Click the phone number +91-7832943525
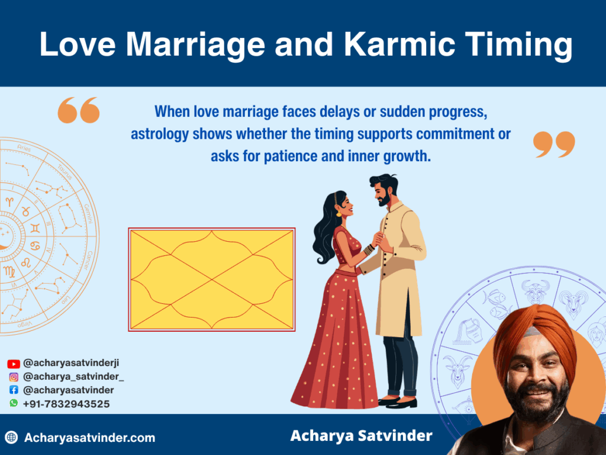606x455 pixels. [66, 403]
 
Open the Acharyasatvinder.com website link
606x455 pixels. [89, 438]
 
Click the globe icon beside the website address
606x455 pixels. [11, 438]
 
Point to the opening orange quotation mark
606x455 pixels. [79, 110]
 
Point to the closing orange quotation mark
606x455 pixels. [554, 145]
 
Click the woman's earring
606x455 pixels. [339, 213]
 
